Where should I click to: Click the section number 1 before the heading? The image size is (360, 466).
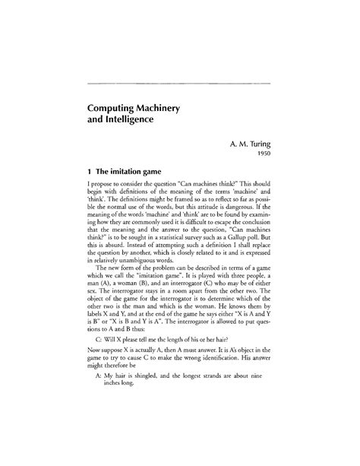pos(90,171)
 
